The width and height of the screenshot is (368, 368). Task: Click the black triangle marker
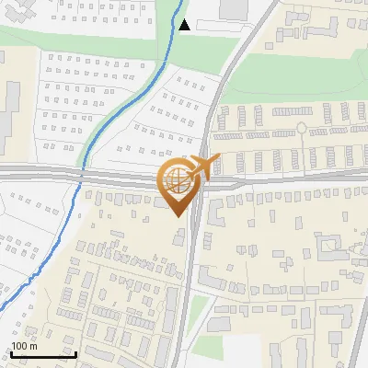[185, 25]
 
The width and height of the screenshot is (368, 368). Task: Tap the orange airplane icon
[201, 167]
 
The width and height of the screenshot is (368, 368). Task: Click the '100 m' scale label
[24, 346]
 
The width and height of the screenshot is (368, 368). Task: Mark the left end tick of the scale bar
[11, 353]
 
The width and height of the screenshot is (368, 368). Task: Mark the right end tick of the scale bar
[75, 353]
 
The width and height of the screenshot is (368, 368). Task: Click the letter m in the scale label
[33, 346]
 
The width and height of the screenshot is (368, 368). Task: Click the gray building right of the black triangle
[235, 8]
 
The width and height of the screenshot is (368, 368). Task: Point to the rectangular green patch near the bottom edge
[208, 347]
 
